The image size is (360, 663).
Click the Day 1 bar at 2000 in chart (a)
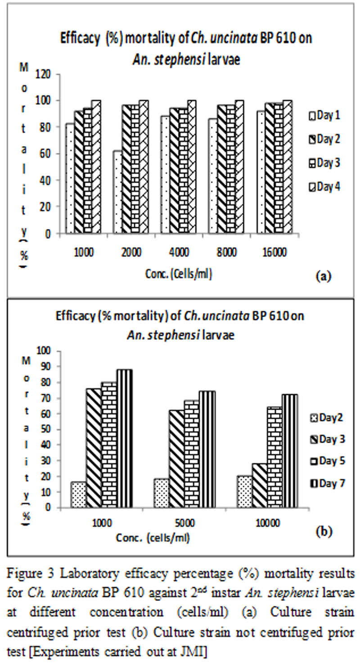point(117,192)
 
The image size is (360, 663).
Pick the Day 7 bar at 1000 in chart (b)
point(125,439)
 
